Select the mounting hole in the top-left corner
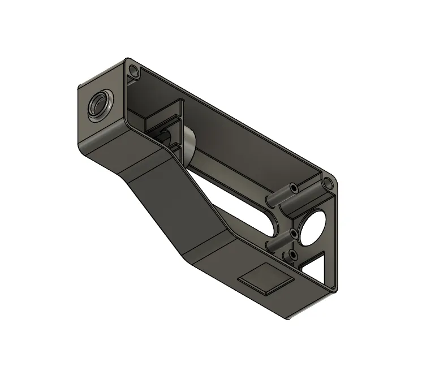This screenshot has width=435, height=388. click(x=134, y=71)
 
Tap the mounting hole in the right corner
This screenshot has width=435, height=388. click(x=326, y=183)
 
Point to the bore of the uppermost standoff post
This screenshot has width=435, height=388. click(x=294, y=186)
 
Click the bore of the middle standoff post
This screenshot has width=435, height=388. click(x=293, y=233)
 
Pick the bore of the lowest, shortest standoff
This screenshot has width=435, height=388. click(x=292, y=255)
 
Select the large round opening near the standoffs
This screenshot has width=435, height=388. click(x=313, y=226)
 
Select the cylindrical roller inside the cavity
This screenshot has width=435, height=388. click(x=184, y=141)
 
